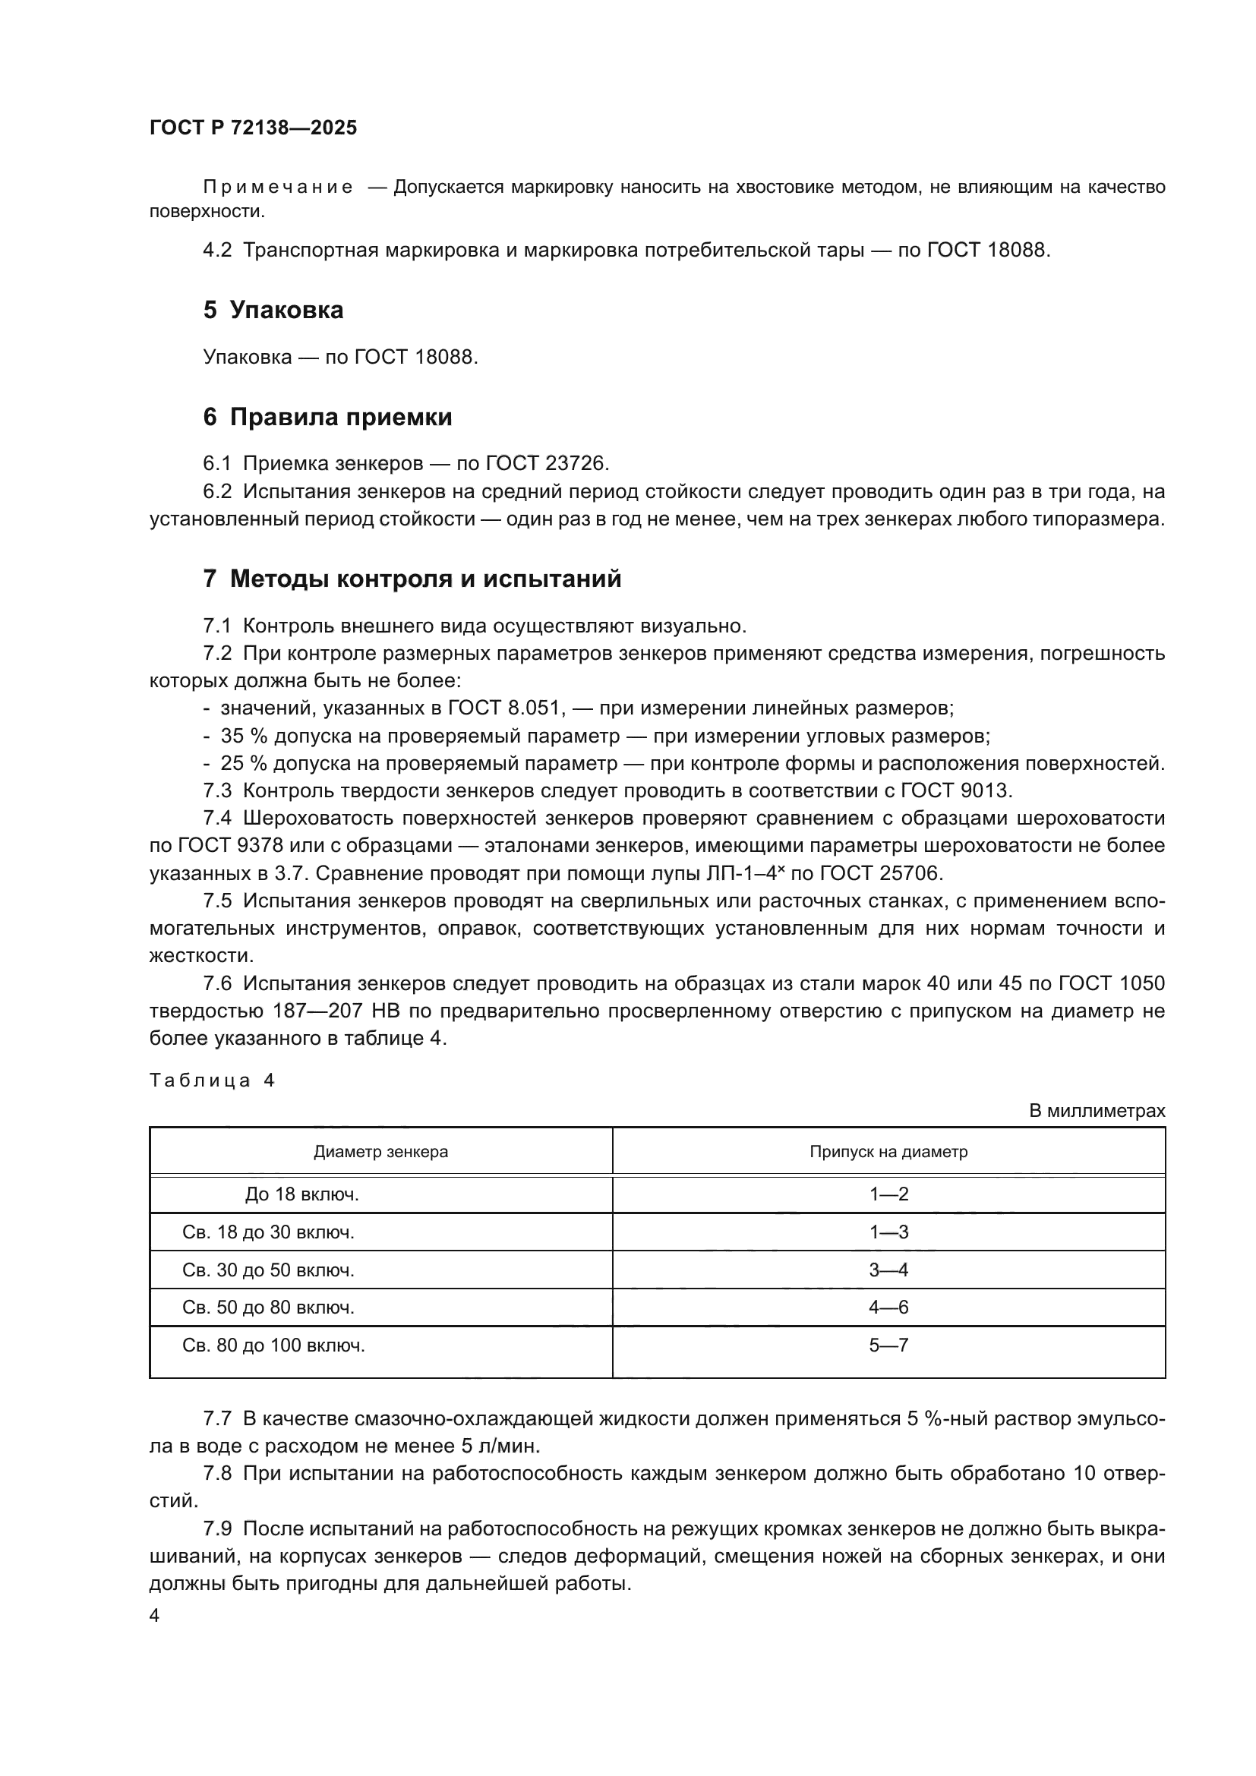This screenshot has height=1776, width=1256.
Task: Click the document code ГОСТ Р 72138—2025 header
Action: [253, 128]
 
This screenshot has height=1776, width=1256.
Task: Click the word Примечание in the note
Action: [278, 188]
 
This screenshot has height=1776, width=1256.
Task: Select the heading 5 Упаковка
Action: [273, 311]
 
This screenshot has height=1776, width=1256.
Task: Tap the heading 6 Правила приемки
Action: [327, 418]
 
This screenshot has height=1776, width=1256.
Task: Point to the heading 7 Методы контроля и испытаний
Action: [412, 579]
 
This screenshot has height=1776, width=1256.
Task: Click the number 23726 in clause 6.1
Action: [577, 463]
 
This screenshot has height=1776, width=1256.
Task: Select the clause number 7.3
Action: [217, 790]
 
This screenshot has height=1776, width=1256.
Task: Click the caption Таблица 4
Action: [212, 1080]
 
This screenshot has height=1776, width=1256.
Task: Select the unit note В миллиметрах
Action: [1096, 1111]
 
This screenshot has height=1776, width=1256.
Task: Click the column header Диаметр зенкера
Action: [380, 1152]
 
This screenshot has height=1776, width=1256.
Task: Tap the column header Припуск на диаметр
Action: [888, 1152]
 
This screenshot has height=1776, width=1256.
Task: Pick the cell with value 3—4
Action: [888, 1270]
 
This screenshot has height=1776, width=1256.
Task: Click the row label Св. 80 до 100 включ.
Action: [274, 1346]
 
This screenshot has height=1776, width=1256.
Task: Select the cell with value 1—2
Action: [888, 1194]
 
